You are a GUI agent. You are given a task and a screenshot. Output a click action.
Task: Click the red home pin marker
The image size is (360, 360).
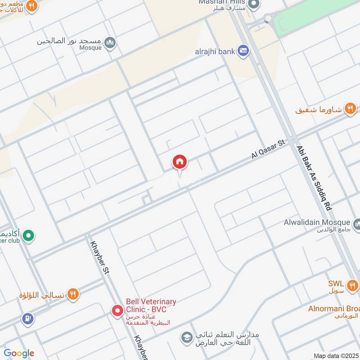[180, 162]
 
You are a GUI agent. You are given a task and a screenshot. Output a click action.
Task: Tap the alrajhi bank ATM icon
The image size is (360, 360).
[243, 51]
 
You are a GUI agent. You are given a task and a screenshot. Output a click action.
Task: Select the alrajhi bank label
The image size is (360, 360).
[215, 51]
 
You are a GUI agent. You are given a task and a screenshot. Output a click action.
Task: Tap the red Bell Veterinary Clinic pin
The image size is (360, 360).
[117, 310]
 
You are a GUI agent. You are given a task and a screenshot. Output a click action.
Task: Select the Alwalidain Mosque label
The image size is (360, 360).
[317, 222]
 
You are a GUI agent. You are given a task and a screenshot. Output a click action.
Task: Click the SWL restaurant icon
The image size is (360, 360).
[352, 284]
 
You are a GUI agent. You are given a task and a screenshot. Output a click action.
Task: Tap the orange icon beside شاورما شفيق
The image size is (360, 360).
[350, 109]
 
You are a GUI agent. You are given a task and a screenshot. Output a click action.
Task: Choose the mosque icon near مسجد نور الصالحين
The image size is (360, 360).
[110, 43]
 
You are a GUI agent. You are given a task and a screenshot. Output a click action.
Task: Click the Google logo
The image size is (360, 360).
[19, 353]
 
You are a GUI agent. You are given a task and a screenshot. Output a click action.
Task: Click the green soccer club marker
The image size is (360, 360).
[29, 235]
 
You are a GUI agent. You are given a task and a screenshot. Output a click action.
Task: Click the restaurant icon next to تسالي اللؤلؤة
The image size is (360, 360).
[73, 295]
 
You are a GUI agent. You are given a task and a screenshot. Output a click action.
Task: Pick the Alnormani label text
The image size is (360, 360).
[333, 309]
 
